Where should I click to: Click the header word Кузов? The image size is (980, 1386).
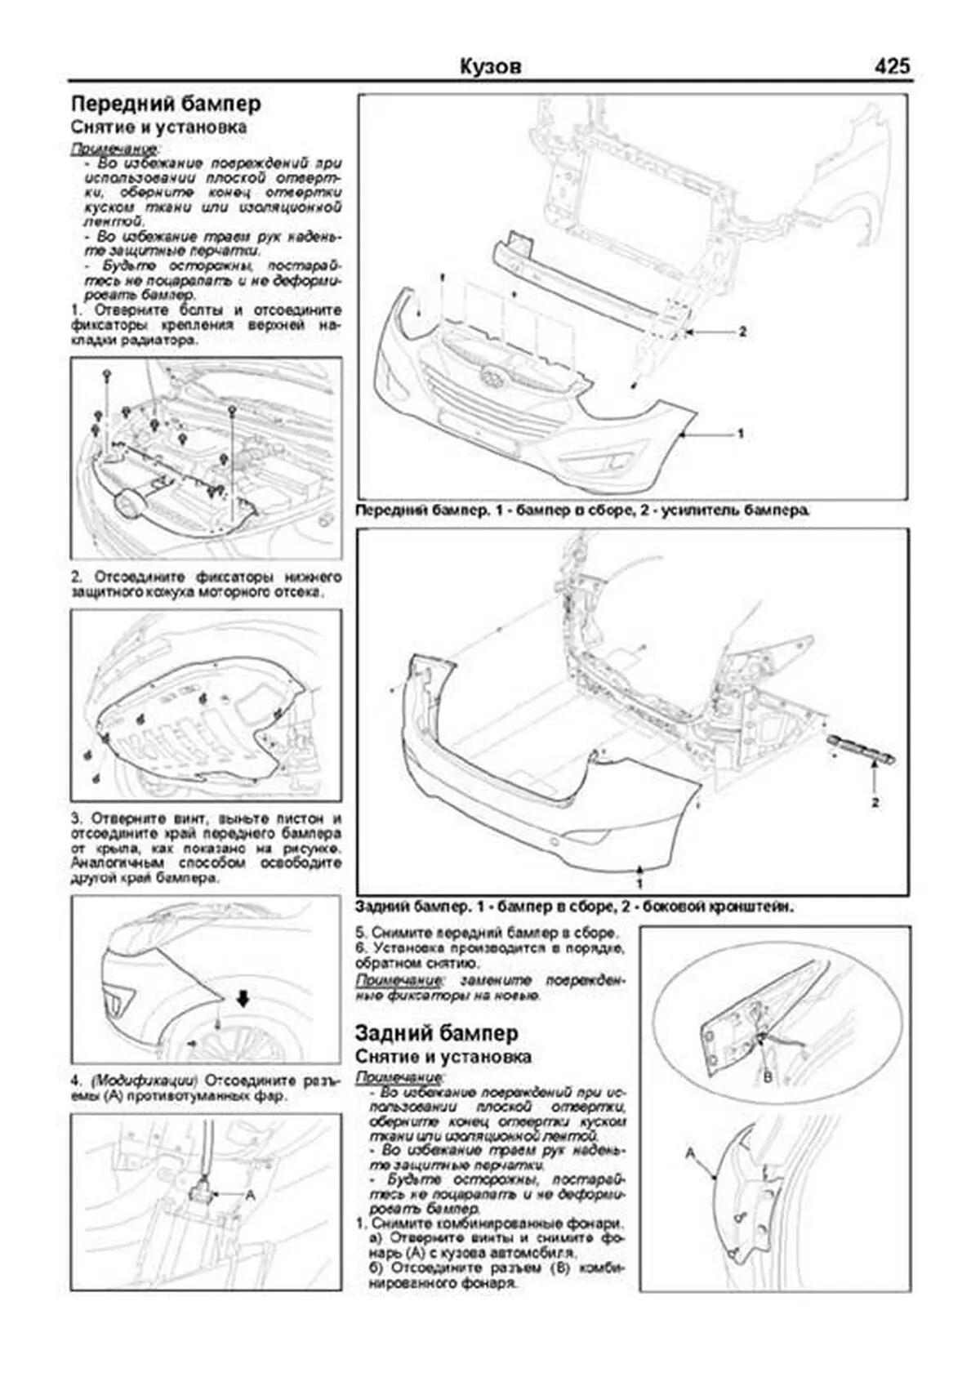pos(490,66)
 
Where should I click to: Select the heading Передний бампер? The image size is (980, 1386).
pos(166,104)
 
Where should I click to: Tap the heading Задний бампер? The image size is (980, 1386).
pos(436,1033)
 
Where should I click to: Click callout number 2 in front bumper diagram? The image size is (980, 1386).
pos(742,332)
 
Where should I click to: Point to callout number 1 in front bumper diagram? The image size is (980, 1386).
pos(740,434)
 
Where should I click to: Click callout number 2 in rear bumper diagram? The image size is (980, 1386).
pos(875,803)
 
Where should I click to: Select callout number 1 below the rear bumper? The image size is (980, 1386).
pos(639,884)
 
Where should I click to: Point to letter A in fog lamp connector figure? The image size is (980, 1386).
pos(250,1194)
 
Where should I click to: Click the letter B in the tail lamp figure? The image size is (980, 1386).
pos(767,1077)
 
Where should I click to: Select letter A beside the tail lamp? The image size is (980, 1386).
pos(690,1153)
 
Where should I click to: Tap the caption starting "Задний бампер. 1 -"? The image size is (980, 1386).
pos(575,907)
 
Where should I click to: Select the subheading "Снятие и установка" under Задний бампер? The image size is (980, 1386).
pos(443,1057)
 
